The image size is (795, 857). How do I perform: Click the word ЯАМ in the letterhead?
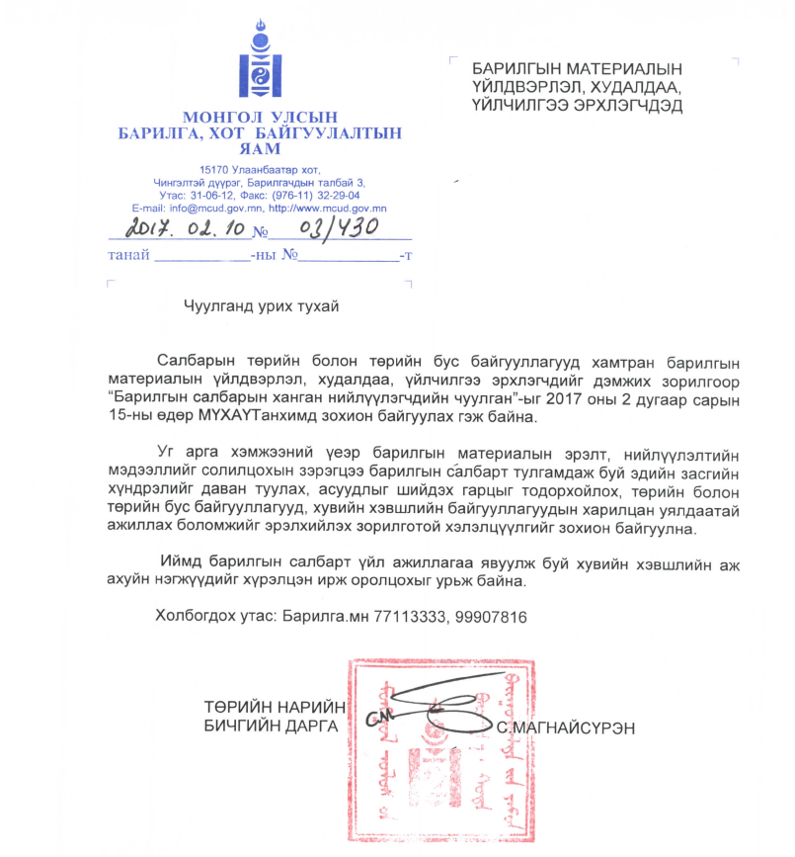click(260, 150)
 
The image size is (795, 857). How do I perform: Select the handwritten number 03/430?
click(324, 229)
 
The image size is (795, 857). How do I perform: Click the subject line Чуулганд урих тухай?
click(261, 306)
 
